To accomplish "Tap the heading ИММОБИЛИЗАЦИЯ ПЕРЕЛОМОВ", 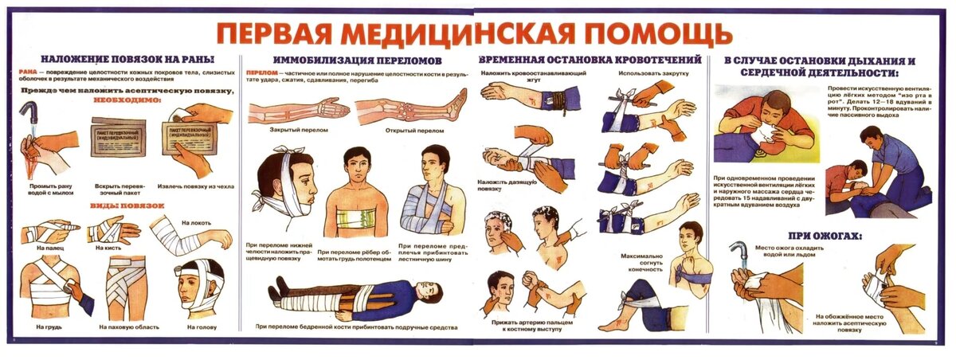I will point(350,61).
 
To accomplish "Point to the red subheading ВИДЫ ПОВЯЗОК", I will point(126,206).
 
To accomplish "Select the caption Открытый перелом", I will point(409,130).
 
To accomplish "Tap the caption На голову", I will point(202,327).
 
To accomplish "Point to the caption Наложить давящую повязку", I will point(507,187).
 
